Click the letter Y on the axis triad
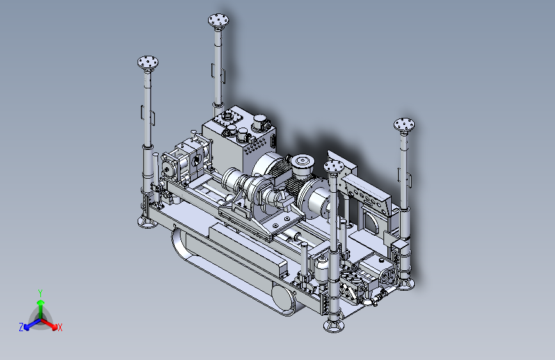[40, 293]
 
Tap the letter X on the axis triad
[60, 327]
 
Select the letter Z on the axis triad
[21, 327]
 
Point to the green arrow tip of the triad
[41, 302]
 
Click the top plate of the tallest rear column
[218, 19]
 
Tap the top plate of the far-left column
[148, 62]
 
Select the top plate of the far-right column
[404, 124]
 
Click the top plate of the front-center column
[334, 166]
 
